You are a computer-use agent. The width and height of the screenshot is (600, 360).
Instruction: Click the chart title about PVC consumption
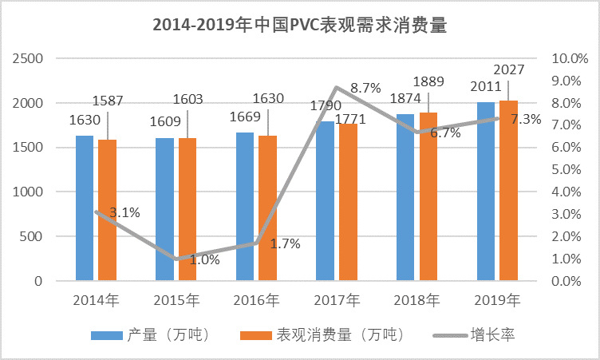(299, 26)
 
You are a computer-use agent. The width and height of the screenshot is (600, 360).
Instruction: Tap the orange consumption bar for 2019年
(507, 192)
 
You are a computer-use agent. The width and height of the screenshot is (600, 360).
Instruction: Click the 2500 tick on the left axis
(30, 59)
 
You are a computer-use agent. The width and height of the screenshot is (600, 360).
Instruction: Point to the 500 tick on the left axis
(34, 237)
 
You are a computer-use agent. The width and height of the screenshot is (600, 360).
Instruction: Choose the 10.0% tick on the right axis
(569, 59)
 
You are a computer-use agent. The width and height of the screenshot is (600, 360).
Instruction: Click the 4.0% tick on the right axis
(572, 192)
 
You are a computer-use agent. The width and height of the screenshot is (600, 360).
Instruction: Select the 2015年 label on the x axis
(176, 301)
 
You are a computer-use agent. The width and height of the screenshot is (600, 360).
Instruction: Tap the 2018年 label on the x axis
(416, 301)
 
